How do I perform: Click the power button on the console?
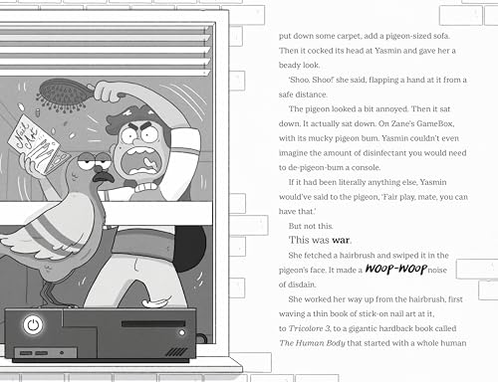(x=33, y=325)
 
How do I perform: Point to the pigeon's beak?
(x=104, y=177)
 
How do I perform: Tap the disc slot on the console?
(x=153, y=323)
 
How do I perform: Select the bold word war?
(x=341, y=240)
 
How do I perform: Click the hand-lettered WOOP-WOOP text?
(x=395, y=269)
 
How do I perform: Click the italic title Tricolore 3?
(x=309, y=328)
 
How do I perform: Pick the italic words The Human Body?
(x=312, y=343)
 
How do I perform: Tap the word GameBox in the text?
(x=435, y=123)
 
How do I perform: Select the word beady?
(x=289, y=66)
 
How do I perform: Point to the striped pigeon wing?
(x=50, y=229)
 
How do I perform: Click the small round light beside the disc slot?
(x=181, y=332)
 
